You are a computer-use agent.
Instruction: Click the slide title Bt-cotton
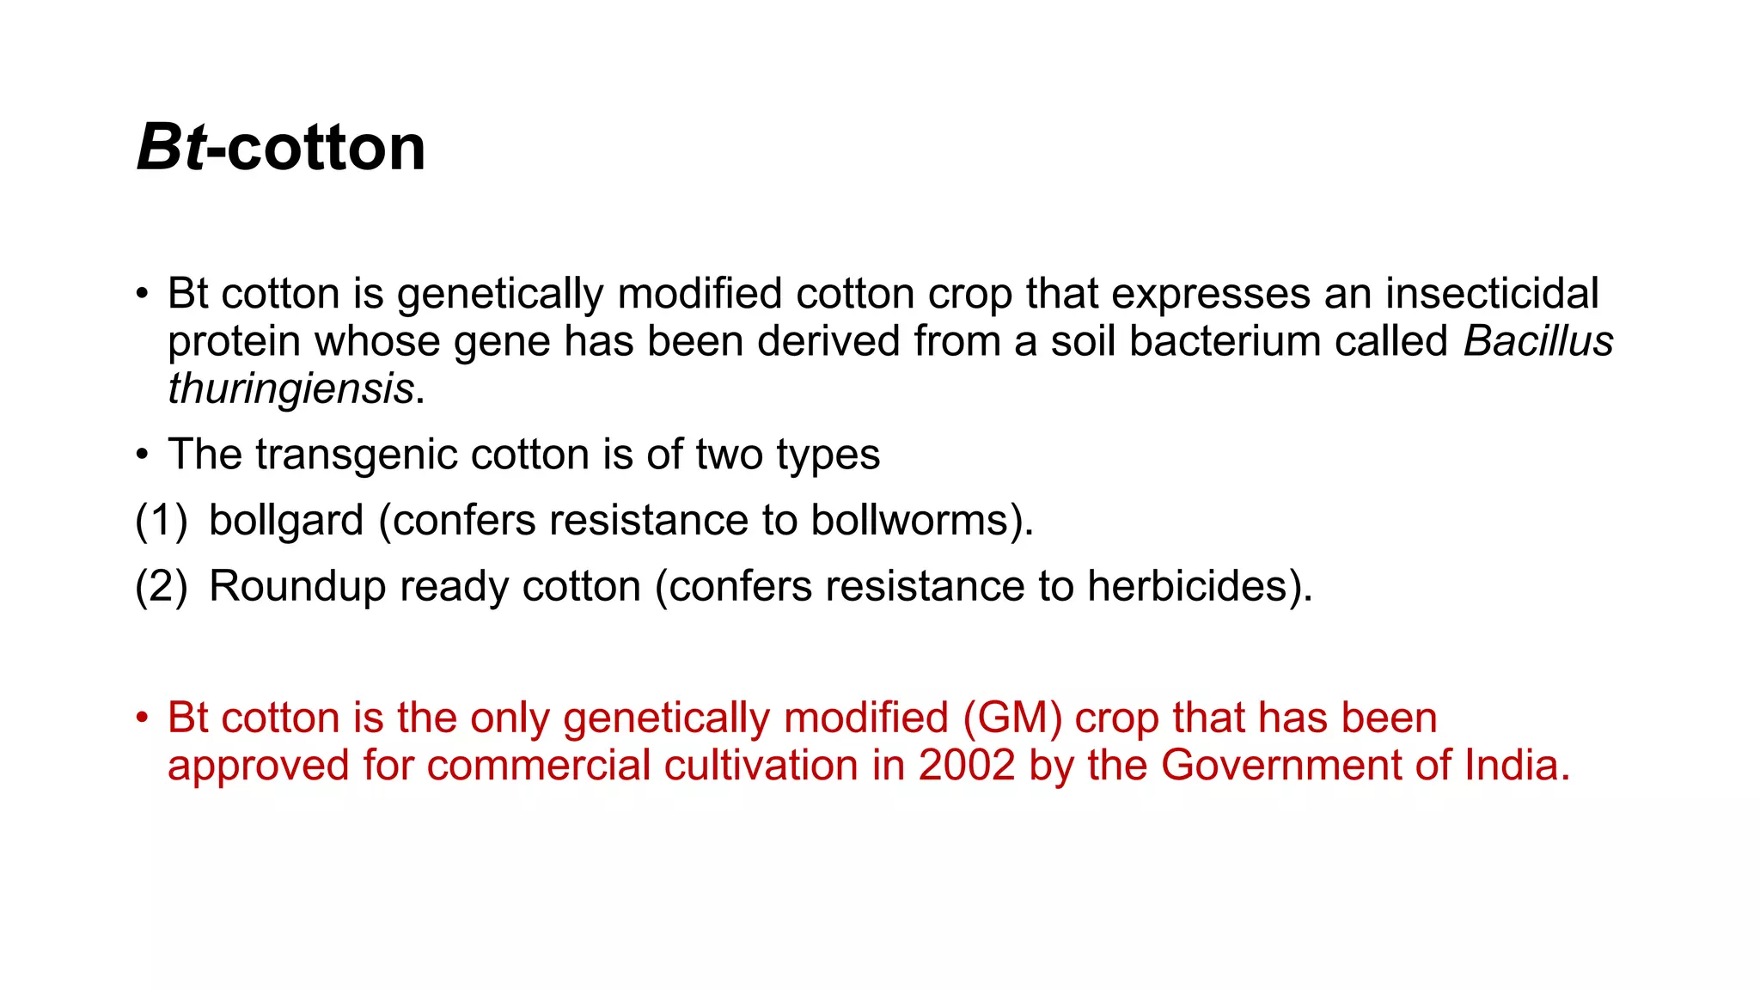[x=281, y=148]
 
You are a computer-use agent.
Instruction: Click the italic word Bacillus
[x=1537, y=341]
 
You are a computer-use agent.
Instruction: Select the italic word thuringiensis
[x=290, y=388]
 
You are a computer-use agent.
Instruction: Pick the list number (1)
[x=161, y=521]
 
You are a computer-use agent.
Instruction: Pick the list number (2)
[x=161, y=587]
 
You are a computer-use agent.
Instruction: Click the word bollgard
[x=286, y=521]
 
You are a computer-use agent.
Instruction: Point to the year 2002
[x=967, y=765]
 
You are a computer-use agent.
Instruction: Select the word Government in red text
[x=1280, y=765]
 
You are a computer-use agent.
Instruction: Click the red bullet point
[x=143, y=718]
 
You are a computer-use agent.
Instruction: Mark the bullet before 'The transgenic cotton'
[x=143, y=455]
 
